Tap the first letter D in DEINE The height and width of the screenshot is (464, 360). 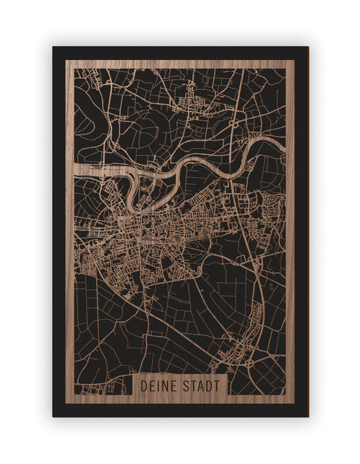click(x=144, y=385)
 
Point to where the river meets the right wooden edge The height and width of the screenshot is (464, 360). click(x=284, y=140)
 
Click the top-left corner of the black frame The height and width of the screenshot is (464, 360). click(x=53, y=47)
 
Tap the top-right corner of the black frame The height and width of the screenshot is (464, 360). click(x=307, y=47)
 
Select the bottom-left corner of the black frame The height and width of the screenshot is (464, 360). click(x=53, y=416)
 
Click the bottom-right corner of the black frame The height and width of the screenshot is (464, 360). click(x=307, y=416)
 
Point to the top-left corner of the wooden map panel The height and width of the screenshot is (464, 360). click(x=66, y=60)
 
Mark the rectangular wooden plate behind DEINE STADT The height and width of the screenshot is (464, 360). click(x=180, y=385)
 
